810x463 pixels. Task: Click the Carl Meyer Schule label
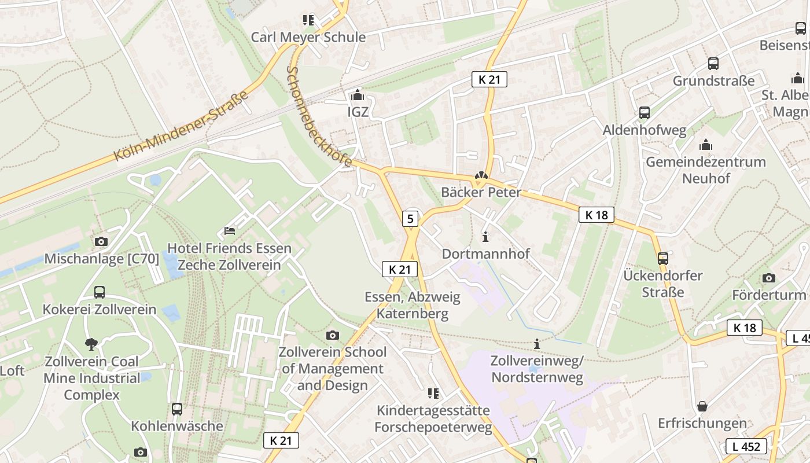(308, 37)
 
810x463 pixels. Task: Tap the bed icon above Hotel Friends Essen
(230, 231)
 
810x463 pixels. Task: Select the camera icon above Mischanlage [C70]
(101, 241)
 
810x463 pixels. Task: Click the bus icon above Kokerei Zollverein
(100, 292)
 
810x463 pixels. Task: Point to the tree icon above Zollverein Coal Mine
(91, 344)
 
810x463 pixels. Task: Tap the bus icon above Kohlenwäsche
(177, 409)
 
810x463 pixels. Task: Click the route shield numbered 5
(410, 218)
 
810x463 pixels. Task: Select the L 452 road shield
(746, 446)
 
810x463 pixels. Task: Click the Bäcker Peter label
(481, 192)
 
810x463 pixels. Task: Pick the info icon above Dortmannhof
(485, 237)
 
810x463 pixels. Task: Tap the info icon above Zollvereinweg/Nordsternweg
(537, 344)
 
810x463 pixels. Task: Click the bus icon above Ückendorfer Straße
(663, 259)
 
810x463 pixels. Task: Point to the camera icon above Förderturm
(769, 278)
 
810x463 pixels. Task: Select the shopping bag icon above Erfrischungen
(702, 406)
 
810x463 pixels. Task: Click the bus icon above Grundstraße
(713, 64)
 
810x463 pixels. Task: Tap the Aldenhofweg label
(645, 130)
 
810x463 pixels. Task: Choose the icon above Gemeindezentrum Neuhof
(706, 145)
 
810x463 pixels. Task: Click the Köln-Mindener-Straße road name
(181, 126)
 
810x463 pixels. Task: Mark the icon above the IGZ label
(358, 95)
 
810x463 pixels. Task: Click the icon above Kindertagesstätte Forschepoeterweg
(433, 394)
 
